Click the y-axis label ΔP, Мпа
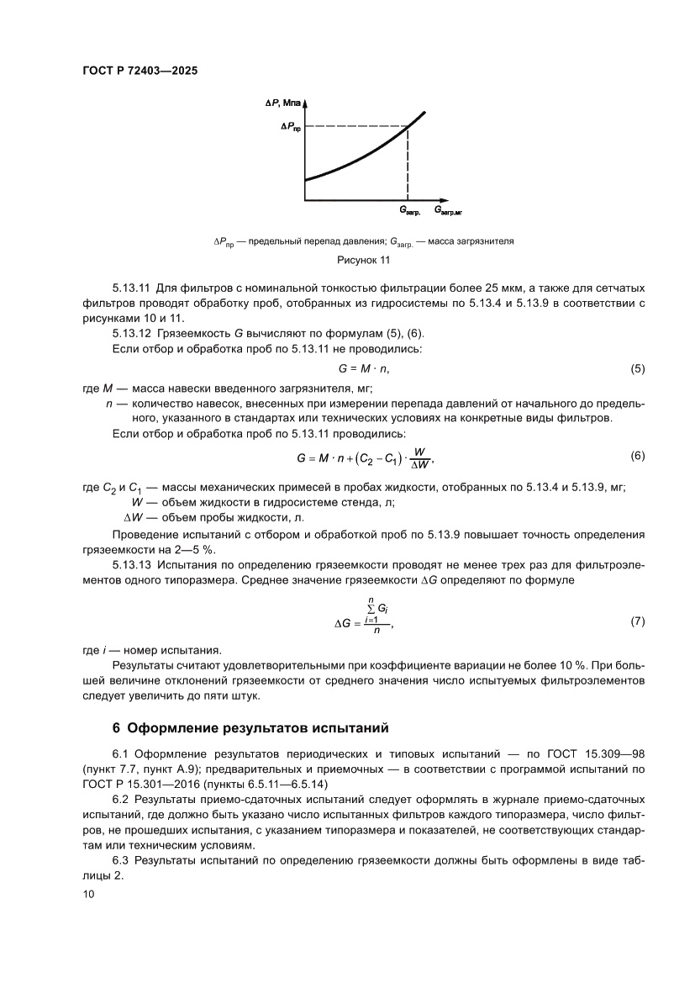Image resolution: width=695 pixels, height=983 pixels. pyautogui.click(x=282, y=103)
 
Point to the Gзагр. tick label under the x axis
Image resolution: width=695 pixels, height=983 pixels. pyautogui.click(x=409, y=209)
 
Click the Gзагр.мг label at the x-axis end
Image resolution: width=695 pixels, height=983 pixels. pyautogui.click(x=450, y=209)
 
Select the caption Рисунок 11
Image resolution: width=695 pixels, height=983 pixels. pyautogui.click(x=363, y=260)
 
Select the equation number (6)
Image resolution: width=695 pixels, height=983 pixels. pyautogui.click(x=637, y=456)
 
